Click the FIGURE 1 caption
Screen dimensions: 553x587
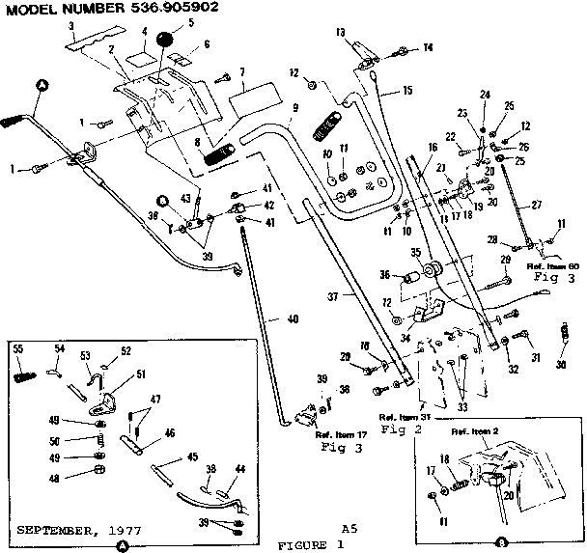coord(311,544)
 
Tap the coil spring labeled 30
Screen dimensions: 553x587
coord(567,340)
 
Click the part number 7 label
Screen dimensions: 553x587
coord(241,72)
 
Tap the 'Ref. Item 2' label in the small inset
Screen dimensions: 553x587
coord(472,429)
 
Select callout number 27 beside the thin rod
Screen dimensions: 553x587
coord(538,205)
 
